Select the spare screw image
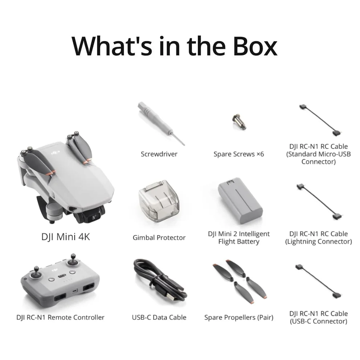[239, 122]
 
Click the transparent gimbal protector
[159, 200]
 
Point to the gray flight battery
[240, 200]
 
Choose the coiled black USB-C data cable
[160, 280]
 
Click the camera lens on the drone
[94, 217]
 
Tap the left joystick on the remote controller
[37, 272]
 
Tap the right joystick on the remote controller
[73, 260]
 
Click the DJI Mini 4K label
[66, 237]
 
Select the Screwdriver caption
[159, 154]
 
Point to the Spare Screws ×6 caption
[239, 154]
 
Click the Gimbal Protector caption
[159, 237]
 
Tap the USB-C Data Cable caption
[159, 317]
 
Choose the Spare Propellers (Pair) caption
[239, 318]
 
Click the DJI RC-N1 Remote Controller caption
[61, 317]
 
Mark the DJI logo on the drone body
[56, 152]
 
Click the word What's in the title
[112, 46]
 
